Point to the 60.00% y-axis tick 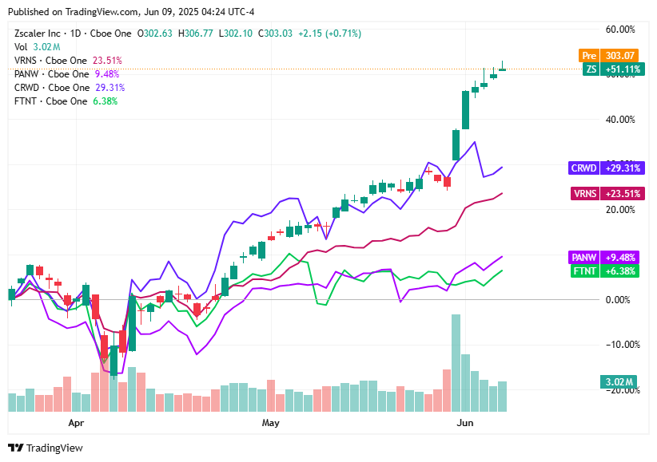[620, 30]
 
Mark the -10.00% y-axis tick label [619, 345]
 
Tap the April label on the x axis [76, 422]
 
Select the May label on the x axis [271, 422]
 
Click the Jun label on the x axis [463, 422]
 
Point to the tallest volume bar [456, 363]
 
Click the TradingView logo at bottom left [46, 448]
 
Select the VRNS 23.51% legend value [107, 61]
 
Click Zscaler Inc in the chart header [38, 34]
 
